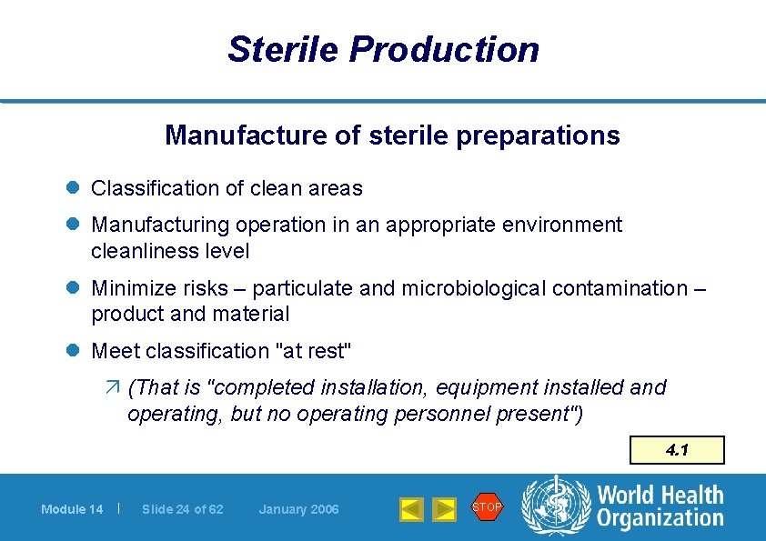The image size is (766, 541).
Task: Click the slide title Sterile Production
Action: pyautogui.click(x=383, y=49)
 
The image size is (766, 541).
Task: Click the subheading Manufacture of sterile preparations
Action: pyautogui.click(x=392, y=135)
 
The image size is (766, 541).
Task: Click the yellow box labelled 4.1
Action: pyautogui.click(x=677, y=450)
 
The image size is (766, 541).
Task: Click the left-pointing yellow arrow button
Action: pyautogui.click(x=411, y=509)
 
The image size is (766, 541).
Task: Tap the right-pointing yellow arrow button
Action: pyautogui.click(x=444, y=509)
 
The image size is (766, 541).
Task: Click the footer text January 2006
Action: pyautogui.click(x=298, y=509)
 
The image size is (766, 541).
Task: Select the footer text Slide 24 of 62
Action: pyautogui.click(x=182, y=509)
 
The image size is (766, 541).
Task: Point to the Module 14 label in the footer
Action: pyautogui.click(x=72, y=509)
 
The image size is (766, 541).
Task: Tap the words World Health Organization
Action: pyautogui.click(x=660, y=507)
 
